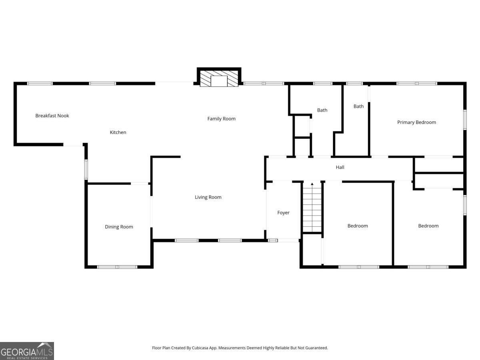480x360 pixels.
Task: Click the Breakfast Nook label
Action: (x=52, y=116)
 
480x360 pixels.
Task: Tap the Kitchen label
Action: (x=118, y=132)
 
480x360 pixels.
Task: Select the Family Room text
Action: (x=221, y=119)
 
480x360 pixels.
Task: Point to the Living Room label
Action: (x=208, y=197)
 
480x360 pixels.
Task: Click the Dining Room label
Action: (x=119, y=227)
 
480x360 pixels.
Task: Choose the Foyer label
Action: (x=283, y=213)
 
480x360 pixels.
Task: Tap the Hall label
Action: (x=340, y=167)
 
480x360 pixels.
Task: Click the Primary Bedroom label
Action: (x=416, y=122)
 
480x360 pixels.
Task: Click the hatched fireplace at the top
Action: (x=219, y=79)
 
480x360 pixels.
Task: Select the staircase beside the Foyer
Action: (x=312, y=208)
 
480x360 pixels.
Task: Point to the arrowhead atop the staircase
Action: (x=312, y=184)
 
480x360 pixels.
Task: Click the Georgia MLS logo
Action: (x=27, y=351)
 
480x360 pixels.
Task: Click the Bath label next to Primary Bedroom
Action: (x=358, y=106)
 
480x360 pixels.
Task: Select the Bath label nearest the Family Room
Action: (x=322, y=110)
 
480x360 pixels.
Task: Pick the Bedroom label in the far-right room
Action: (x=428, y=226)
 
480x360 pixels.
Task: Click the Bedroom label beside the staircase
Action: (x=357, y=226)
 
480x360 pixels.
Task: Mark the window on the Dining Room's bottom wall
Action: (x=117, y=267)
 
